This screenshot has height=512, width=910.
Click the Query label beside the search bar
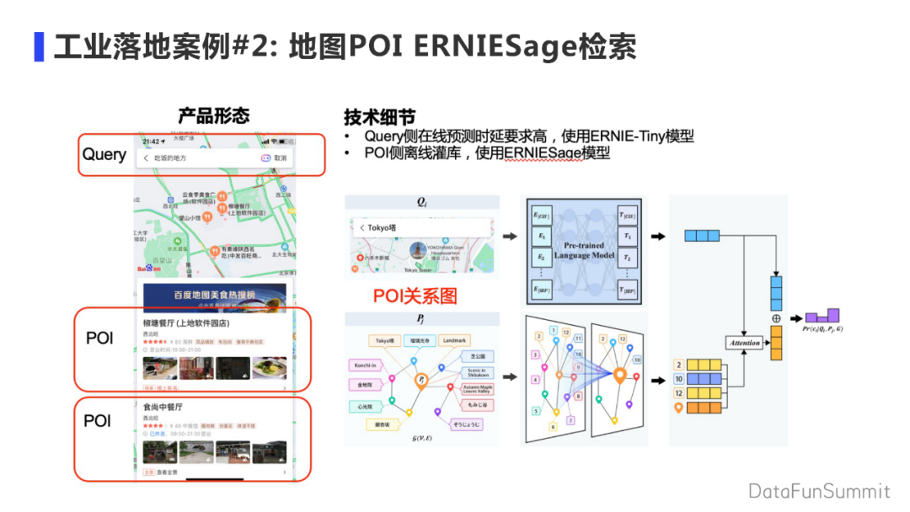coord(104,155)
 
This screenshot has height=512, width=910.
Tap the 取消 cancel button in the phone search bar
coord(280,157)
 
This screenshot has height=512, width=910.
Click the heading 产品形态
coord(213,116)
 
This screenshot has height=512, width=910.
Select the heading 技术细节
coord(379,117)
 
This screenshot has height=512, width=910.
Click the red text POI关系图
coord(415,296)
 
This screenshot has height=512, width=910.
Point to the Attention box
coord(744,343)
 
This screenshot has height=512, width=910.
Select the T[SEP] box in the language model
coord(628,291)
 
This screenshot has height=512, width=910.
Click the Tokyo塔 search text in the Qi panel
coord(383,227)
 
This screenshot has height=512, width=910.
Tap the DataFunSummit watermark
coord(818,491)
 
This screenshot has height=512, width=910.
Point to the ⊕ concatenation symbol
coord(777,319)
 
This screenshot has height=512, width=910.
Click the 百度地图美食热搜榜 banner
coord(214,296)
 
